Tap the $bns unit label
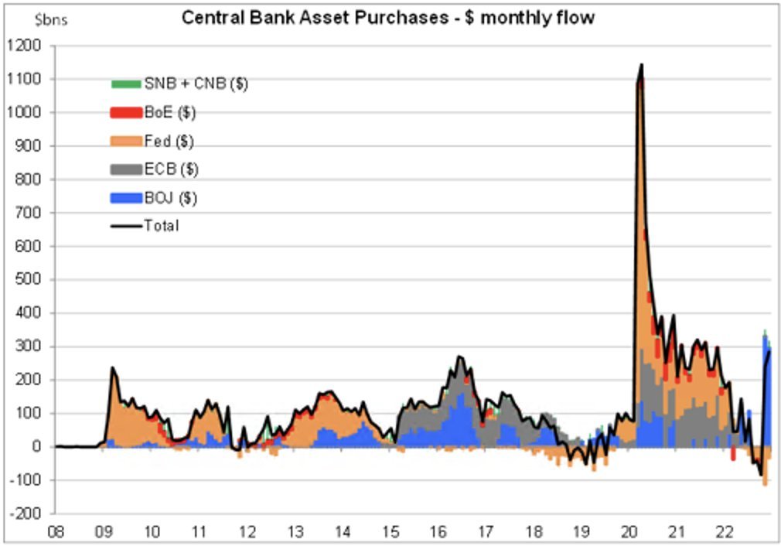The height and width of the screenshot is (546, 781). point(52,20)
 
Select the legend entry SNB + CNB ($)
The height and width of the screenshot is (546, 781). point(196,84)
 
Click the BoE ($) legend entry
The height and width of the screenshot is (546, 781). point(169,113)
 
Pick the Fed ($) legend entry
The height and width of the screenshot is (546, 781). point(169,141)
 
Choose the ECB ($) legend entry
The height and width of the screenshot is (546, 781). point(171,169)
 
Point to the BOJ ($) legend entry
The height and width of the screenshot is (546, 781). point(170,198)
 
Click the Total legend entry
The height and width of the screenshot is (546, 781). point(161,226)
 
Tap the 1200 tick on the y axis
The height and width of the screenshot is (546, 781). point(28,46)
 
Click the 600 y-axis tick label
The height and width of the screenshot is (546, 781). point(31,247)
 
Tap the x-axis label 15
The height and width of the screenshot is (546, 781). point(390,532)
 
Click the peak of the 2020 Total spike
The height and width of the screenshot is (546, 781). point(641,66)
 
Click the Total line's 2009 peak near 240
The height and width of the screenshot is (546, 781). point(112,368)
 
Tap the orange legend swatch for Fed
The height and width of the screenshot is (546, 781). point(126,141)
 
